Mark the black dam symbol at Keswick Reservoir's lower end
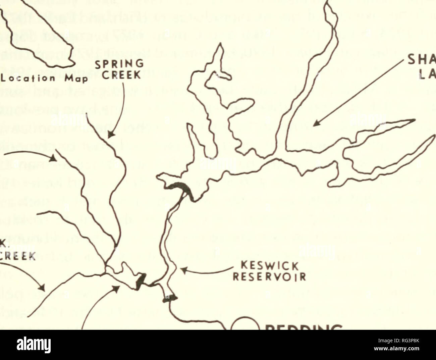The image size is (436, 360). (169, 298)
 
